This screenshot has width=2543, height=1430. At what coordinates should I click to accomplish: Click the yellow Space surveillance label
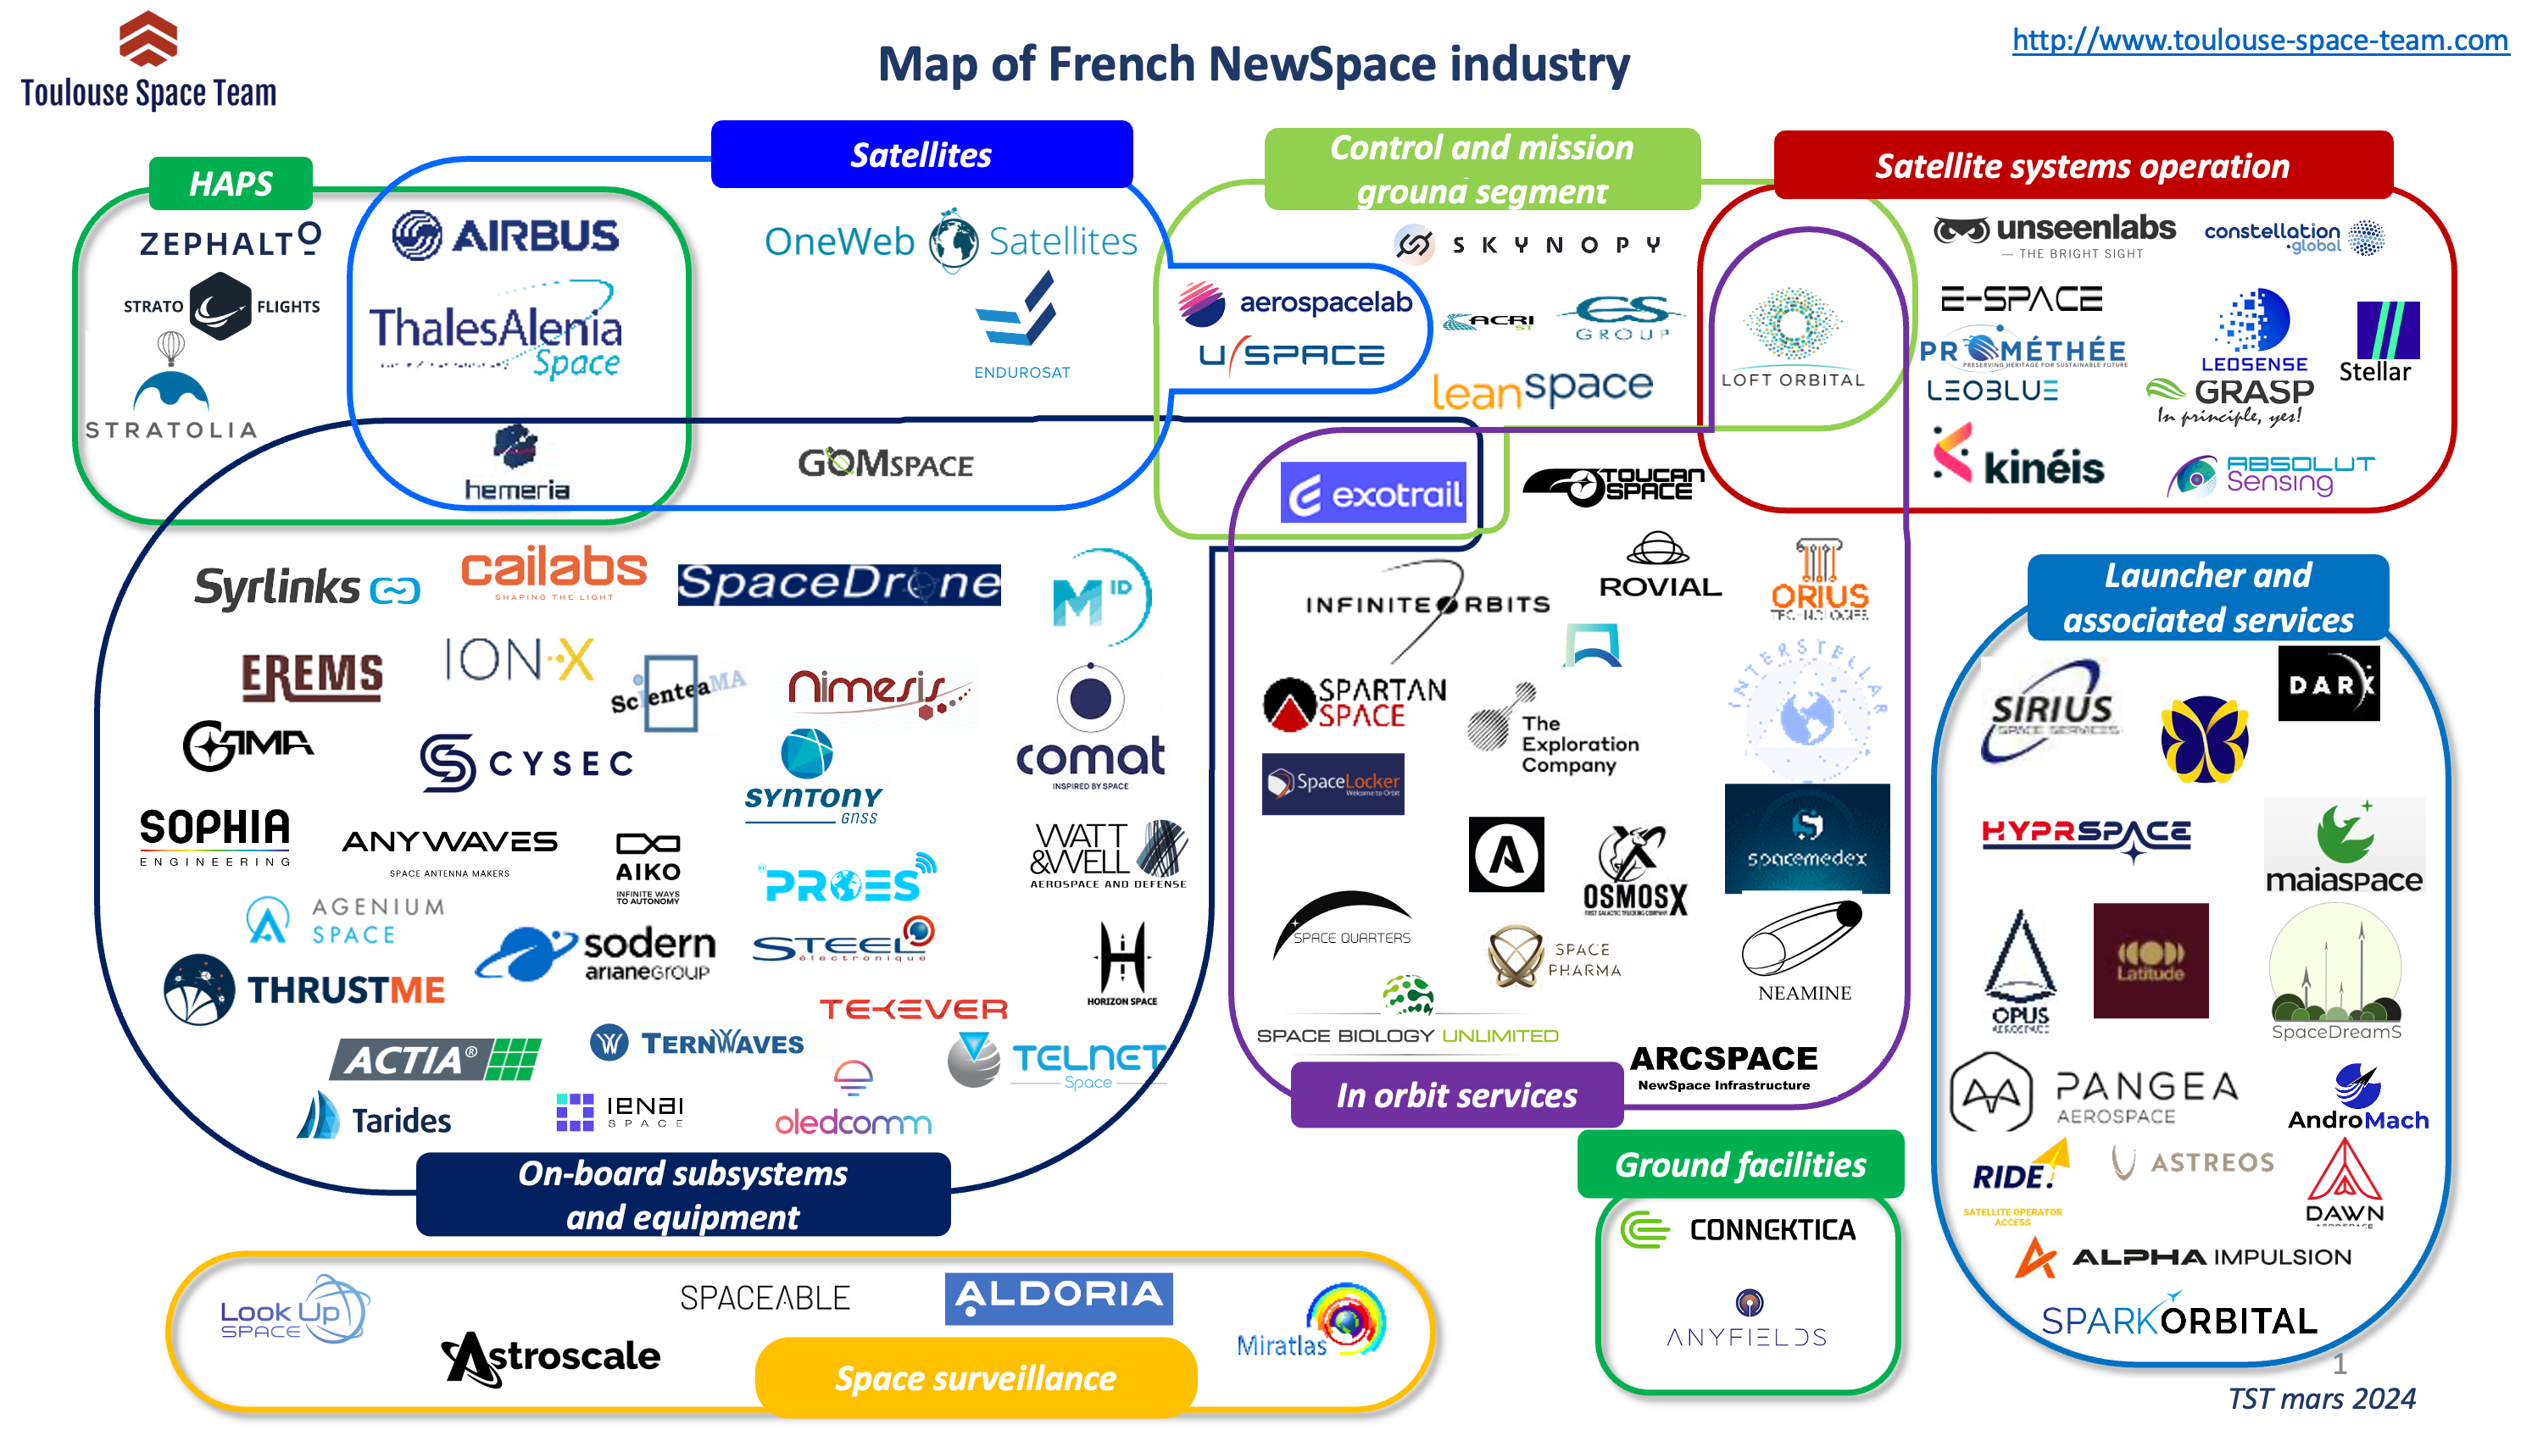pos(976,1377)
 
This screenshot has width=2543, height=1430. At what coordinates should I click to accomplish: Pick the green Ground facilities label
pos(1739,1165)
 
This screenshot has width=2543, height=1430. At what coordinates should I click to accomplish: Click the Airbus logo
pos(505,235)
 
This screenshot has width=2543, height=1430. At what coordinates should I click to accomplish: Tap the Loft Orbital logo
pos(1792,335)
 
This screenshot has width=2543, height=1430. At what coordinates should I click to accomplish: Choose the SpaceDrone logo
pos(838,583)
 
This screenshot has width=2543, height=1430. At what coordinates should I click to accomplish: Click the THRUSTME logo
pos(305,989)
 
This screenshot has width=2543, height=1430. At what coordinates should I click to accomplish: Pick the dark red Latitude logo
pos(2149,960)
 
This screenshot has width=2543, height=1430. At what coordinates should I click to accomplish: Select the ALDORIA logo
pos(1058,1297)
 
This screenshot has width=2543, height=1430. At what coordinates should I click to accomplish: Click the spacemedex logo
pos(1806,839)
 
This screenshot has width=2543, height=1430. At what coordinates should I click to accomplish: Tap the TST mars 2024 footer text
pos(2321,1399)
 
